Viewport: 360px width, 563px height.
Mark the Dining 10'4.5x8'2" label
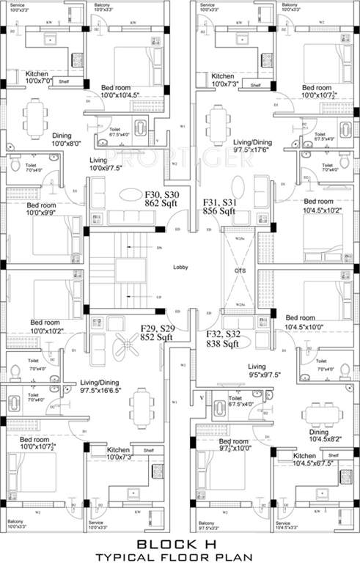click(x=320, y=434)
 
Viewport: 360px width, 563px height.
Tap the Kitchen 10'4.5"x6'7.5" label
click(x=314, y=460)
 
